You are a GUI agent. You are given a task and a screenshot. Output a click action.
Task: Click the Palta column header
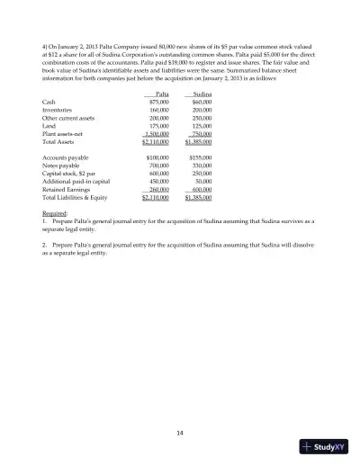coord(163,94)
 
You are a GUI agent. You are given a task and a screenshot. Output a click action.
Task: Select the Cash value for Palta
coord(159,102)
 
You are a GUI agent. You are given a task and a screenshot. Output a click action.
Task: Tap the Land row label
coord(49,126)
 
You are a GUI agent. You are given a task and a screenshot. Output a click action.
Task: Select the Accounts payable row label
coord(65,157)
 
